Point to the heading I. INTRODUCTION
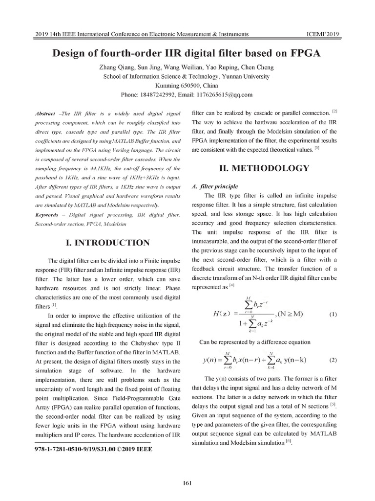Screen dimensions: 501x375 coord(108,242)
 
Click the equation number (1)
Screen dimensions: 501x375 coord(333,314)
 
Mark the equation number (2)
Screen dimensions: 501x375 coord(333,360)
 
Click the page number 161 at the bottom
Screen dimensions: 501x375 coord(187,484)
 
